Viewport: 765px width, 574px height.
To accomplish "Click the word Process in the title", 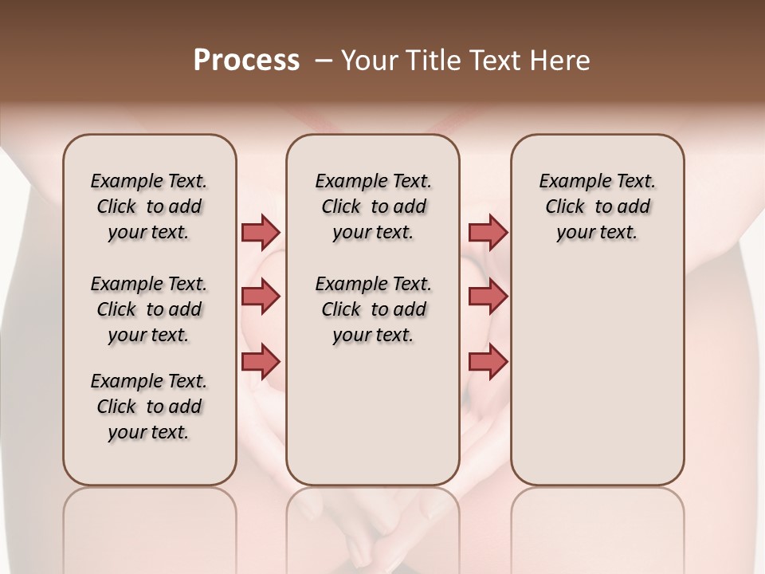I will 246,61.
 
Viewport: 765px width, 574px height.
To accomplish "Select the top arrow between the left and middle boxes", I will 261,232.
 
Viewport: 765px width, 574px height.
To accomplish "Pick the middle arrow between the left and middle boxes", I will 261,297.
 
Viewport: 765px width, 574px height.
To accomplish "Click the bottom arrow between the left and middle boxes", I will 261,361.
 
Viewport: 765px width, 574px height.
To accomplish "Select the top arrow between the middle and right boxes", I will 488,232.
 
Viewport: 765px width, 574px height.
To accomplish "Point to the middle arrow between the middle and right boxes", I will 488,297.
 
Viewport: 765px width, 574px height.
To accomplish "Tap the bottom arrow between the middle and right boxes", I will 488,361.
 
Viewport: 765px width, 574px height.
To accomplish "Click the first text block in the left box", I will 149,206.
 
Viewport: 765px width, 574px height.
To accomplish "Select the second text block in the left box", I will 149,309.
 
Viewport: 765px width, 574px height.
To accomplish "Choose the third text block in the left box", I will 149,407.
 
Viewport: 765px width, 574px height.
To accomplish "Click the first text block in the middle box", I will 373,206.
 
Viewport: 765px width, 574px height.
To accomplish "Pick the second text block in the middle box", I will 373,309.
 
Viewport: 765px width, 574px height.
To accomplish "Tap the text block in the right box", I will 598,206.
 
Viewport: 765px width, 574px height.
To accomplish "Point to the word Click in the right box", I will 565,207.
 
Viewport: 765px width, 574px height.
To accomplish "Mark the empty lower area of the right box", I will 598,367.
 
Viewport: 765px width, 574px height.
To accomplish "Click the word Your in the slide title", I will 368,61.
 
